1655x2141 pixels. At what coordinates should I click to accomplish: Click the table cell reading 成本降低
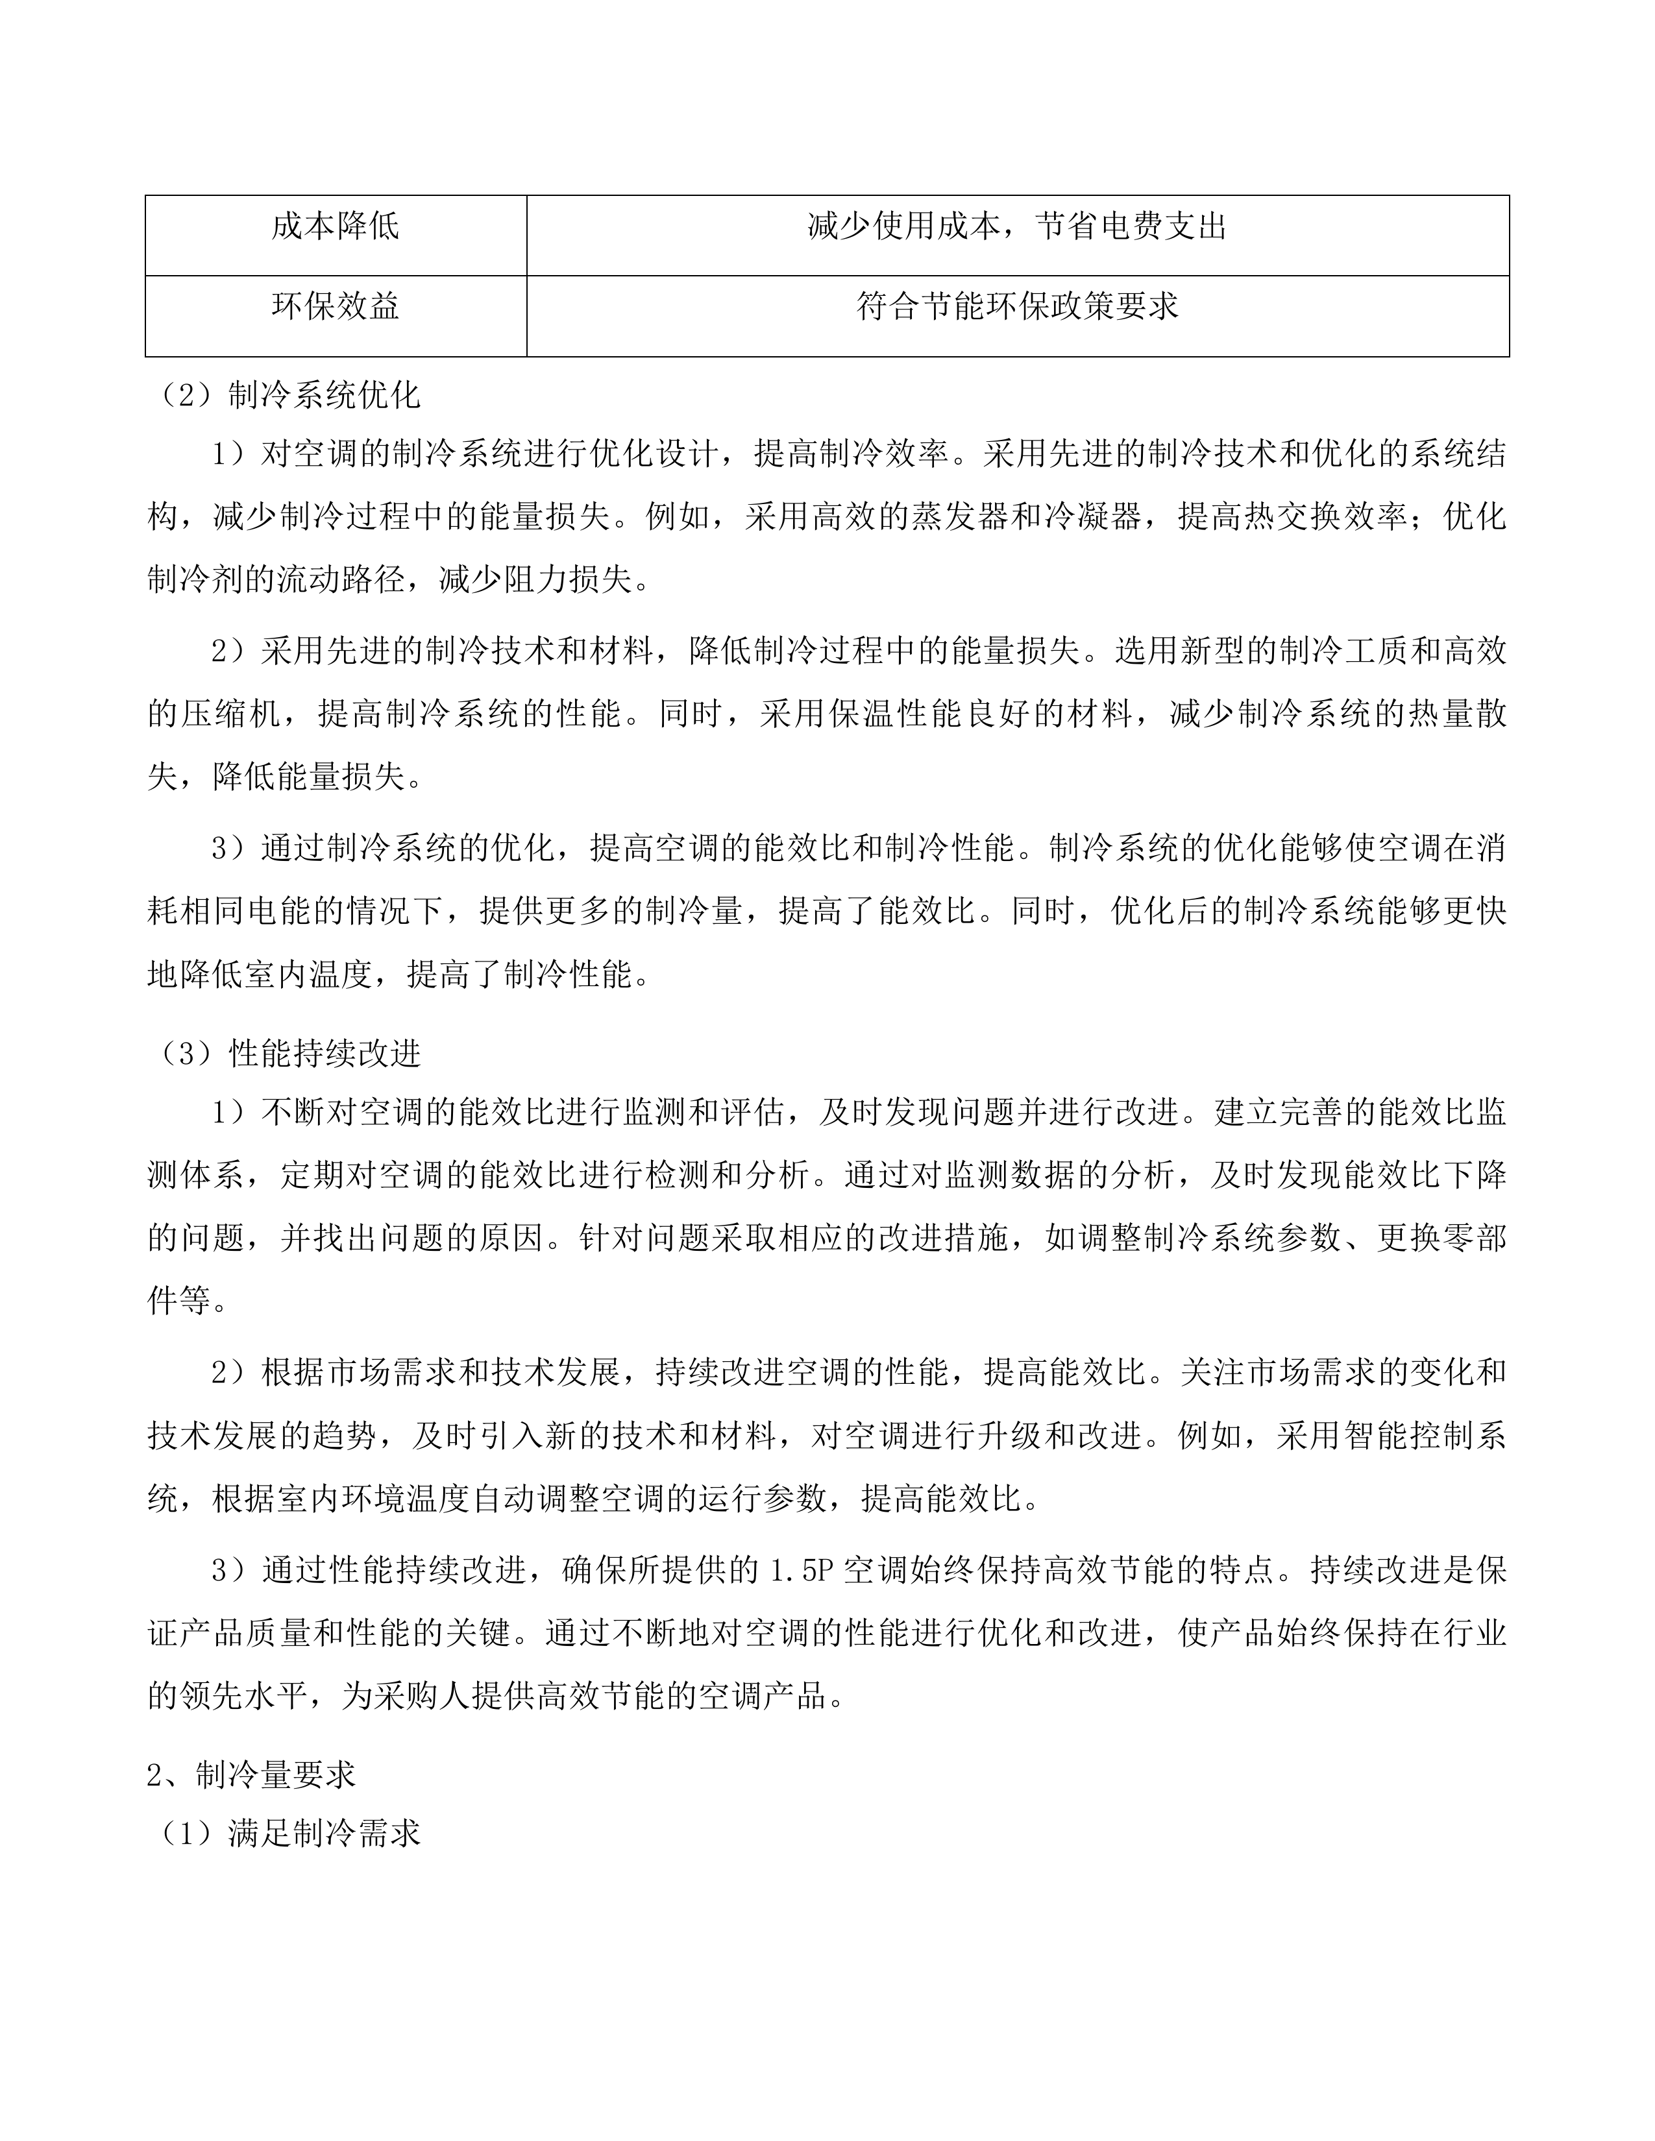coord(336,228)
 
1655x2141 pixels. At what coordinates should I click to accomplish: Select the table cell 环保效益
coord(336,307)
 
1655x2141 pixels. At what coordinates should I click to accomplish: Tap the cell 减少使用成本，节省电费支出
coord(1017,228)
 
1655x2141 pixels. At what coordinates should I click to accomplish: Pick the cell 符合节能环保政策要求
coord(1017,307)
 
